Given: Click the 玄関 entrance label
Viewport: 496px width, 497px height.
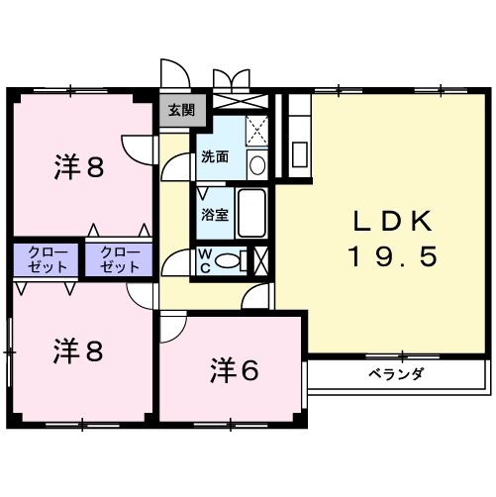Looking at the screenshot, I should (x=182, y=111).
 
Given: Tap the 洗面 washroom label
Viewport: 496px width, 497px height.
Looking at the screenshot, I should (x=216, y=157).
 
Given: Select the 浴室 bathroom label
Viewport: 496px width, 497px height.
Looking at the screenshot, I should (x=216, y=214).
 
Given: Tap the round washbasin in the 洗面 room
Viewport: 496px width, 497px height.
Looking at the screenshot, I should (x=256, y=164).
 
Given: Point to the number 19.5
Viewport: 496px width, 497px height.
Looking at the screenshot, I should (x=393, y=257).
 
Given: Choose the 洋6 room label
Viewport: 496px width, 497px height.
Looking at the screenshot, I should (x=234, y=371).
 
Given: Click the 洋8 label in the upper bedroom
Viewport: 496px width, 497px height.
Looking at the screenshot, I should (x=78, y=167).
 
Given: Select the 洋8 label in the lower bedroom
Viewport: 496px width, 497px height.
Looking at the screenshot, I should (x=78, y=350).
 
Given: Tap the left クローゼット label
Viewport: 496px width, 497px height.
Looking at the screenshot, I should (x=47, y=259).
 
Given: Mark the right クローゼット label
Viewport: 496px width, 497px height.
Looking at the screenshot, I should (x=119, y=259).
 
